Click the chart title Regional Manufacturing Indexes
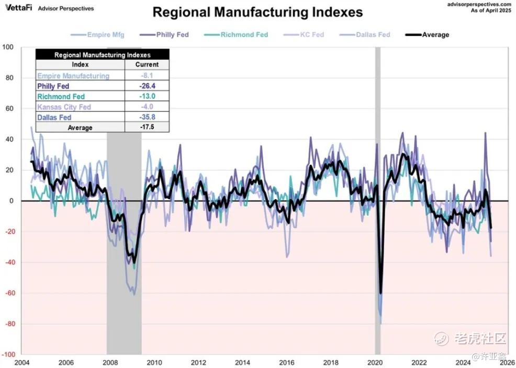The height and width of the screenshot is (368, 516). click(257, 12)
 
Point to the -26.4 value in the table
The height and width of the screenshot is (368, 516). click(147, 86)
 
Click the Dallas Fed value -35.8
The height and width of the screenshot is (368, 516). click(147, 118)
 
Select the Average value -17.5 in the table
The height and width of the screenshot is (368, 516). click(147, 128)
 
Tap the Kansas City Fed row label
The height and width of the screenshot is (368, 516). click(64, 107)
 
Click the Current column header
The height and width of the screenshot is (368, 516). click(147, 65)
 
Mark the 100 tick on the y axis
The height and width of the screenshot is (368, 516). click(8, 47)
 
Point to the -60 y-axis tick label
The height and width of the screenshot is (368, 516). click(8, 293)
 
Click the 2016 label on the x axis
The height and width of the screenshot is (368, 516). click(287, 363)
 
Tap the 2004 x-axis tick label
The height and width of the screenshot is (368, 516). click(22, 363)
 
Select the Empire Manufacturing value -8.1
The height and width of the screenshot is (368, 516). click(147, 76)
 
